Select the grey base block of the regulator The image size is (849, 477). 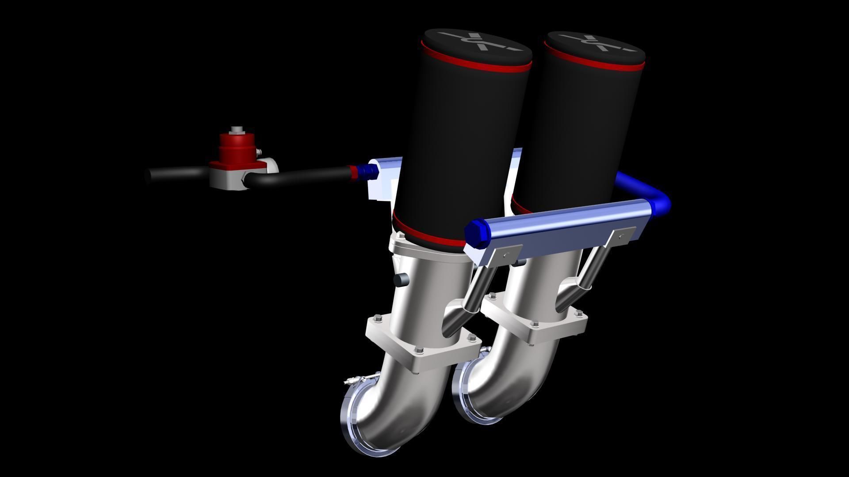coord(226,178)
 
